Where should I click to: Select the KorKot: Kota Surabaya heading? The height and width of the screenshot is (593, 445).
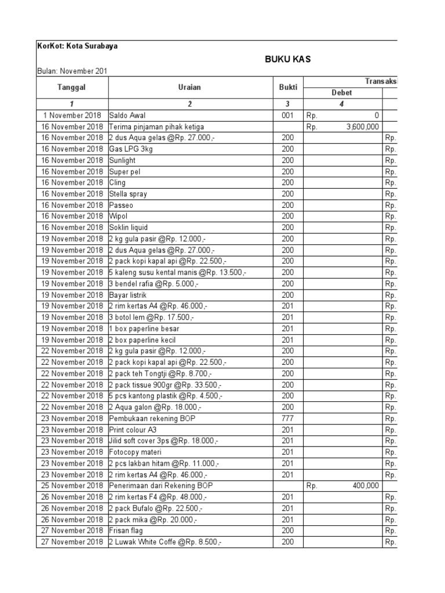(76, 46)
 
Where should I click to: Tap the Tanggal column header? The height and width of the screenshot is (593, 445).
(72, 87)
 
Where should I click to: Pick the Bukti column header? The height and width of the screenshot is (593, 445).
(288, 87)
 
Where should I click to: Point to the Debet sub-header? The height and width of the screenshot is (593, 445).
(341, 93)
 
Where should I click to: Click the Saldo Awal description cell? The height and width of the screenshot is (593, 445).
(127, 115)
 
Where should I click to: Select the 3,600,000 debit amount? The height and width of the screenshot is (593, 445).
(363, 126)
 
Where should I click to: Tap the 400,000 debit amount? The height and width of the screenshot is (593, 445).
(365, 486)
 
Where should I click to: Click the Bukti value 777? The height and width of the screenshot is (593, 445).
(288, 418)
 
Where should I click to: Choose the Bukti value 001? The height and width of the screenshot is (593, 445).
(288, 115)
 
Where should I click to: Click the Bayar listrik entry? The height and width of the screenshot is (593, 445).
(127, 295)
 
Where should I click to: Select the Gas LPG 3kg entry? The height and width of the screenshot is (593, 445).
(129, 149)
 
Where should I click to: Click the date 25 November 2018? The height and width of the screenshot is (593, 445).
(72, 486)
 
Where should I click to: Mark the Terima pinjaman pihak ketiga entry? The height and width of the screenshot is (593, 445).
(156, 126)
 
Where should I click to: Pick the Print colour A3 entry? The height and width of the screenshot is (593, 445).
(133, 430)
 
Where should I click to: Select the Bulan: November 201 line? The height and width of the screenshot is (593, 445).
(72, 71)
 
